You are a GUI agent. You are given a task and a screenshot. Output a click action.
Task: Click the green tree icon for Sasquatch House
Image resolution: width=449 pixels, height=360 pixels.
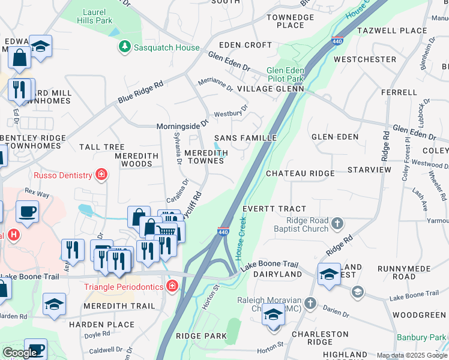[x=124, y=46]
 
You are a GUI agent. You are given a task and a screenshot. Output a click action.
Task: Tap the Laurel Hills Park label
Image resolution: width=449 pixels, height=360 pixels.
[x=95, y=16]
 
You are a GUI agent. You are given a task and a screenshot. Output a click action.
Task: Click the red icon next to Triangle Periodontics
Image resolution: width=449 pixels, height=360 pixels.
[x=173, y=287]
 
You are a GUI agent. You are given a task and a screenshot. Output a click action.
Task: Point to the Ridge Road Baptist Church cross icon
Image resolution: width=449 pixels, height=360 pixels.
[x=337, y=224]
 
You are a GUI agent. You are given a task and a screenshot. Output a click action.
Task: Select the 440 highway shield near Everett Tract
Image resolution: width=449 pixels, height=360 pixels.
[x=223, y=230]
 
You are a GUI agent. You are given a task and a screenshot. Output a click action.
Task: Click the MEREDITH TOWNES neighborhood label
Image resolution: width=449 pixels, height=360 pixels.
[x=206, y=157]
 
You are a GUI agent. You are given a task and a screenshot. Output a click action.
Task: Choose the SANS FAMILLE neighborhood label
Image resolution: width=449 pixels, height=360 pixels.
[x=245, y=137]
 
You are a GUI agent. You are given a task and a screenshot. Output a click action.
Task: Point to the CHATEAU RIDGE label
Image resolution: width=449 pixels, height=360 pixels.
[x=300, y=173]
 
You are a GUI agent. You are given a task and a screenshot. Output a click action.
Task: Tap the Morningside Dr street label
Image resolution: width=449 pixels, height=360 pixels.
[x=182, y=126]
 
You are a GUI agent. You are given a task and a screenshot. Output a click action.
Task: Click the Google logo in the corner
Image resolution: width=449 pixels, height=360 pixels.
[x=19, y=353]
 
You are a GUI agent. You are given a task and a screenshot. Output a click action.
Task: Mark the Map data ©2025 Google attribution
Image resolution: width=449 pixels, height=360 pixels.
[x=412, y=355]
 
